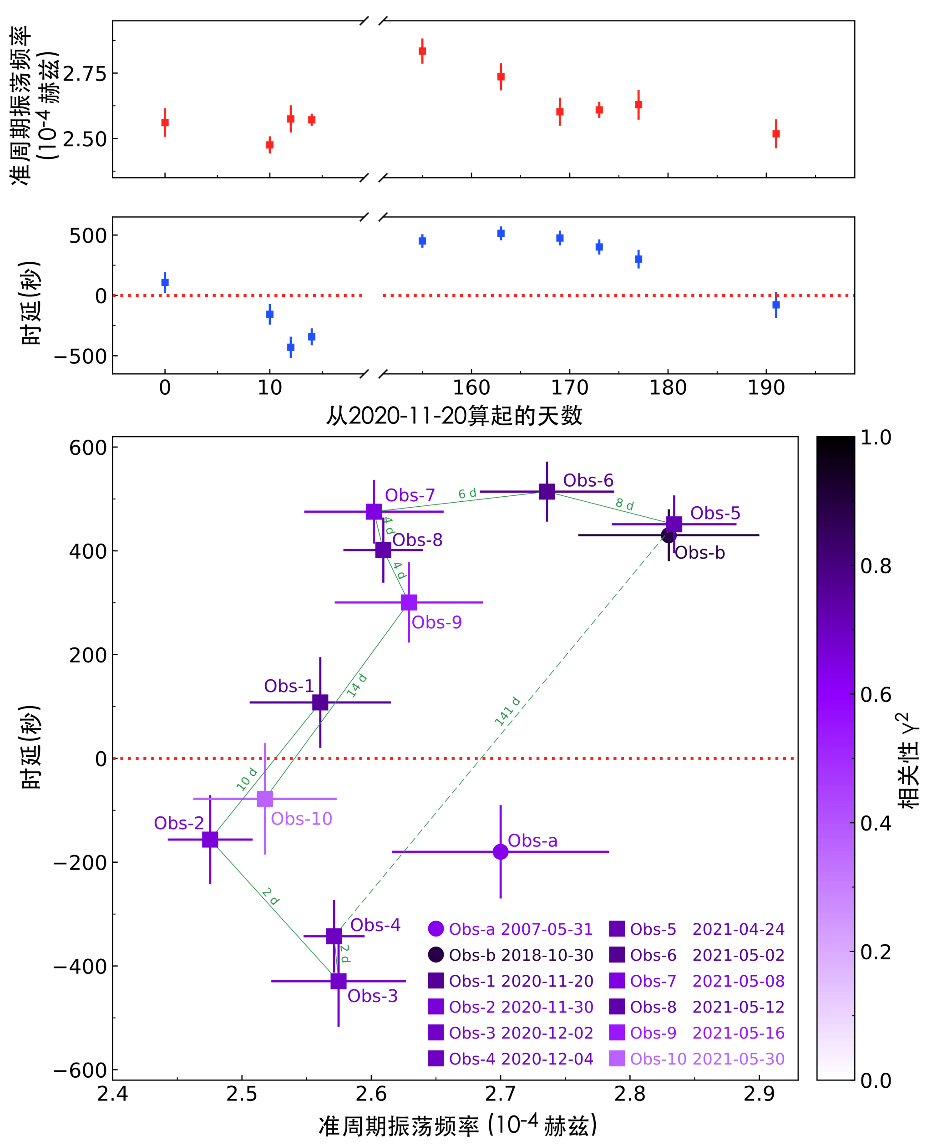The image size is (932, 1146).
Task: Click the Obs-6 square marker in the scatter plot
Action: (547, 491)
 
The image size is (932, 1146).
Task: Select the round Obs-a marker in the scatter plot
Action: (501, 852)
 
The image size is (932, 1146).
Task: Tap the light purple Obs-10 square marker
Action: (265, 799)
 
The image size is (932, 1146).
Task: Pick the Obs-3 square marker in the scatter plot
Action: (338, 981)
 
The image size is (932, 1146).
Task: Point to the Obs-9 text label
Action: (436, 622)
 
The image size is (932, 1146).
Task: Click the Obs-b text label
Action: (699, 553)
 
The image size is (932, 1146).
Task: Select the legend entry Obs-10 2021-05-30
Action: (697, 1059)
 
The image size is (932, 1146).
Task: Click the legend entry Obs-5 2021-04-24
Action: (697, 929)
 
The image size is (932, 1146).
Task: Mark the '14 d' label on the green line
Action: (356, 685)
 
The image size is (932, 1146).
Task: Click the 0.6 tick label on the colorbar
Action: (876, 694)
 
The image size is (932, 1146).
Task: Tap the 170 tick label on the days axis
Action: (570, 388)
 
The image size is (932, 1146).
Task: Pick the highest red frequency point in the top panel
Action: (422, 51)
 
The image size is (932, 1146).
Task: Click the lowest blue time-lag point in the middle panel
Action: (291, 347)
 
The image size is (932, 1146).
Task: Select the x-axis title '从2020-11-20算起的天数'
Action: (454, 415)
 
